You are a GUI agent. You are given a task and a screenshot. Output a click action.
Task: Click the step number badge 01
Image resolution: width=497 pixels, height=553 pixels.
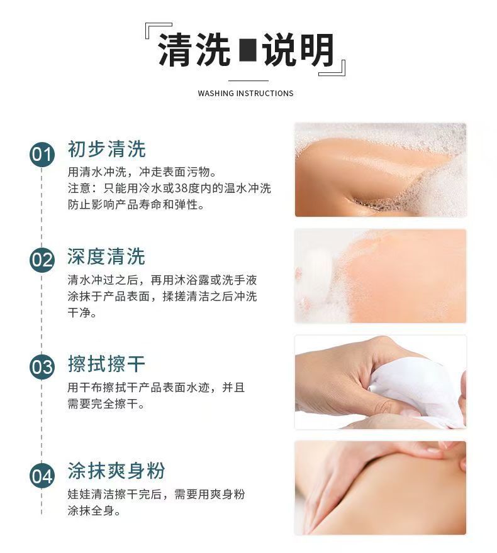(42, 155)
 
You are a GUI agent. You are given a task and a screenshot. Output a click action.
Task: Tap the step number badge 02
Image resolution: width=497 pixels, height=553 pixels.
(42, 260)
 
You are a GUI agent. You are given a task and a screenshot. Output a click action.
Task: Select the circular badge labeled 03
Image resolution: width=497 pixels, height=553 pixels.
(42, 367)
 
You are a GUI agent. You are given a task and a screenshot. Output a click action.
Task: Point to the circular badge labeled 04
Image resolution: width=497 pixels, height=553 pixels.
(42, 476)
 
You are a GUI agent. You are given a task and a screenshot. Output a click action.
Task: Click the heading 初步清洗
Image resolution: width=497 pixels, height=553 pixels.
(106, 149)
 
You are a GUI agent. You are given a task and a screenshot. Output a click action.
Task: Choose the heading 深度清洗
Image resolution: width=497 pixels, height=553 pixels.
(106, 256)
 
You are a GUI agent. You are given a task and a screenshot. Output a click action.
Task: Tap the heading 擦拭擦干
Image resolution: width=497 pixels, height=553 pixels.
(106, 364)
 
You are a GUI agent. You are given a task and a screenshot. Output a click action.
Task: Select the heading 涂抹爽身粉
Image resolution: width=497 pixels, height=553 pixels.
(116, 471)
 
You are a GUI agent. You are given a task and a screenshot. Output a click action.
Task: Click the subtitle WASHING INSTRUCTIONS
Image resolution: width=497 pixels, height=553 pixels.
(245, 94)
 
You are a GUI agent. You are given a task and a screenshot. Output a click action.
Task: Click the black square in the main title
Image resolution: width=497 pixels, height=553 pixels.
(247, 50)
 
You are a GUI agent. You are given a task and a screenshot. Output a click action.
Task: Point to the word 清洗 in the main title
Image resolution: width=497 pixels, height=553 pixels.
(194, 50)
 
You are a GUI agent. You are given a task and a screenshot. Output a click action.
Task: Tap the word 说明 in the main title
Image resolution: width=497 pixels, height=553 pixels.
(298, 50)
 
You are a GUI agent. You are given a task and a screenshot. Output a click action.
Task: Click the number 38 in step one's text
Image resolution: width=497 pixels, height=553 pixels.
(181, 188)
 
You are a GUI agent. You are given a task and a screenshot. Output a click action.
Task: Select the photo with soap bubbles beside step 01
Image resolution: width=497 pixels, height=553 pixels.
(381, 170)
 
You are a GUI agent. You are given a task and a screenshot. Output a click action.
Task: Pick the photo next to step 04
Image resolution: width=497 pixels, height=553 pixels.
(381, 488)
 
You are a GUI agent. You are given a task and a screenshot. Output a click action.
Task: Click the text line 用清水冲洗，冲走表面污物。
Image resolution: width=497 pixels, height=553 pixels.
(142, 172)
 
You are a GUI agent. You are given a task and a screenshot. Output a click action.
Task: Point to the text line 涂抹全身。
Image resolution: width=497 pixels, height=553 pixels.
(94, 510)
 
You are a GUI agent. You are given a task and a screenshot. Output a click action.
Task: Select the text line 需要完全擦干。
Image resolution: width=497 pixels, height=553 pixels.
(106, 403)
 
